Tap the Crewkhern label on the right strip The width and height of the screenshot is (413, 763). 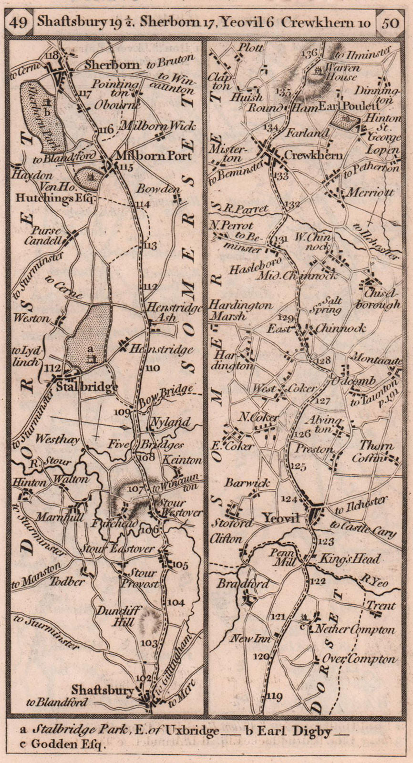[313, 155]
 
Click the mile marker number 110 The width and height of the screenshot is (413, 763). [153, 368]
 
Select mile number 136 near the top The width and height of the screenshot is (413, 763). [310, 53]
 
